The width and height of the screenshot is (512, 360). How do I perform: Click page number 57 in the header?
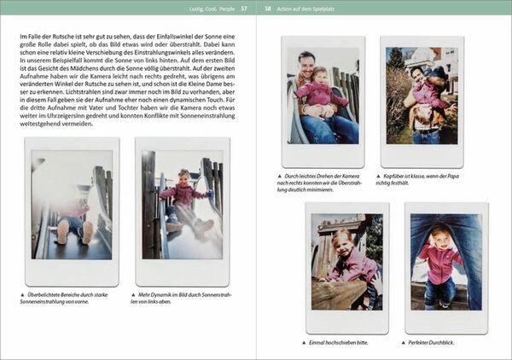click(x=244, y=9)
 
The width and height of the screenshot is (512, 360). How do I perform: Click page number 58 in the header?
click(x=268, y=9)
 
